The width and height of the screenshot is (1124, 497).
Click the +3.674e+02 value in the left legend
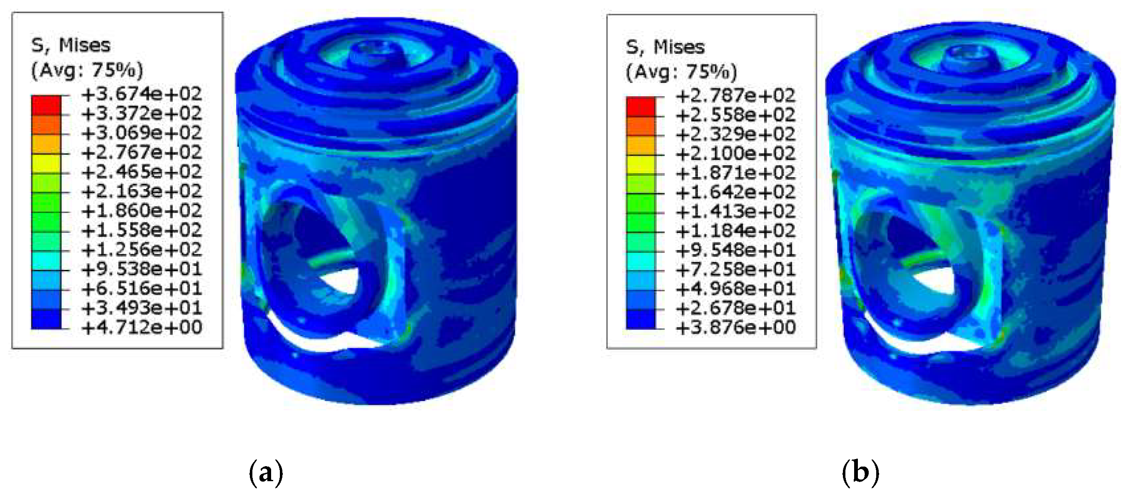coord(142,94)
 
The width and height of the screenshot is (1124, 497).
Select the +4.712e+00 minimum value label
coord(142,327)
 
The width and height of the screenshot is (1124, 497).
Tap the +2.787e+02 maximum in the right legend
coord(736,95)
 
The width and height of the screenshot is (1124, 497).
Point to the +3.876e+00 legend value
coord(736,327)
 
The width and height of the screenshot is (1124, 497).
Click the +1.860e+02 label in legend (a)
coord(142,211)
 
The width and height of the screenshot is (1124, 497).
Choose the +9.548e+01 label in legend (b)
coord(736,250)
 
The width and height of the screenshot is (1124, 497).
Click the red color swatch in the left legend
coord(46,105)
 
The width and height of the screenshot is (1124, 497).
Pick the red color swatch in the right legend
coord(641,107)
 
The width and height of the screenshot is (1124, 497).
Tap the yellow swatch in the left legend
coord(46,164)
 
